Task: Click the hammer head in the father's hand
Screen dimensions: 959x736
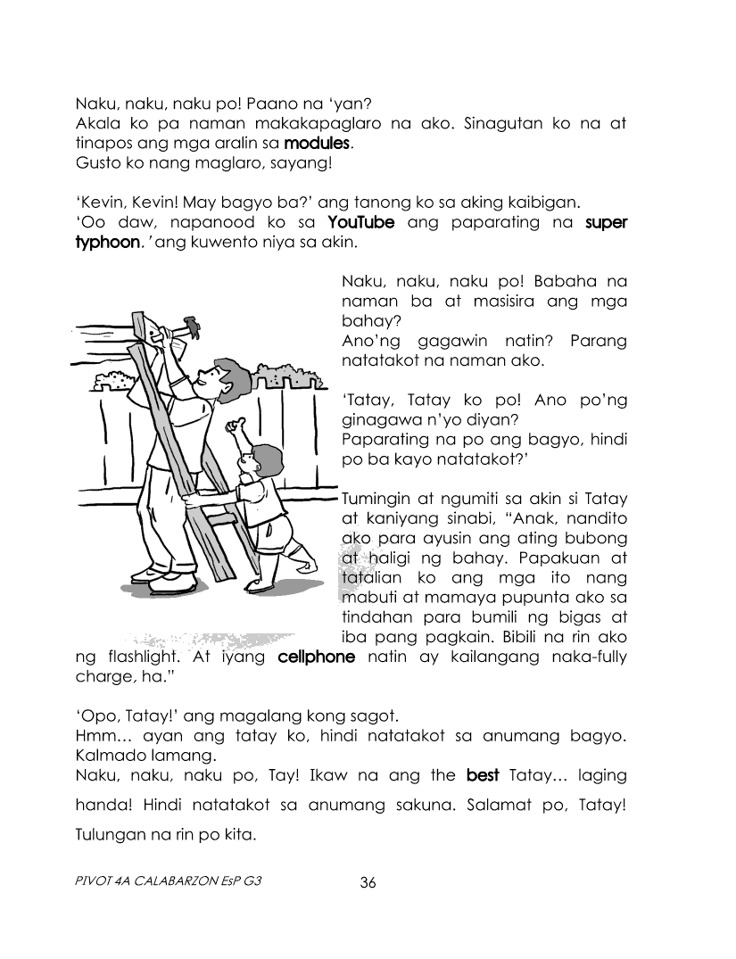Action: coord(180,325)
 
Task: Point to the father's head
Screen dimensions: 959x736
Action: coord(218,375)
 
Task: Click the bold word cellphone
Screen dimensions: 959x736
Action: coord(317,657)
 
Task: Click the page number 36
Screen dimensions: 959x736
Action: coord(368,883)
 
